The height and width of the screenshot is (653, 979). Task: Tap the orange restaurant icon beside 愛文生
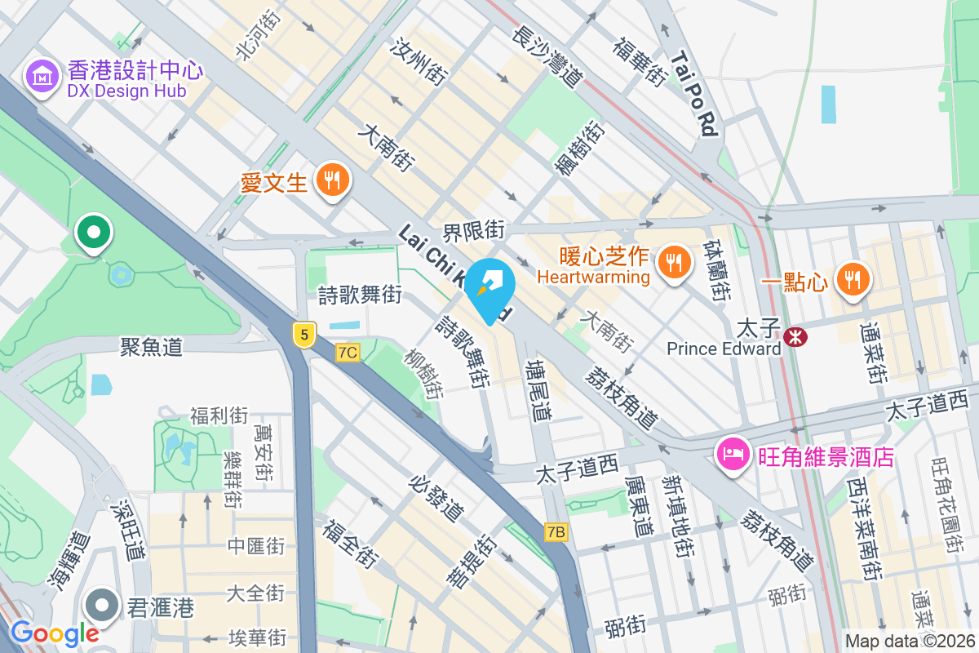coord(331,179)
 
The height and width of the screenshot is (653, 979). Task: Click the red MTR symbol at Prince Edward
coord(791,336)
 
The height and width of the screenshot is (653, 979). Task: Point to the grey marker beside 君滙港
coord(102,606)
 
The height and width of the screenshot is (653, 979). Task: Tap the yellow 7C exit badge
coord(348,353)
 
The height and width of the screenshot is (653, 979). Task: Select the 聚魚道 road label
coord(151,347)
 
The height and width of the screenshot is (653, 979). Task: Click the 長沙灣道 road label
coord(547,56)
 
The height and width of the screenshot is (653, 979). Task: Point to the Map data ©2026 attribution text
coord(910,641)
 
